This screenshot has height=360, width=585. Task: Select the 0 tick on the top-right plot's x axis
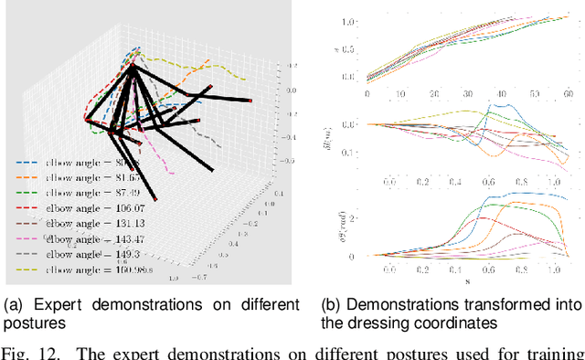coord(367,94)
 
